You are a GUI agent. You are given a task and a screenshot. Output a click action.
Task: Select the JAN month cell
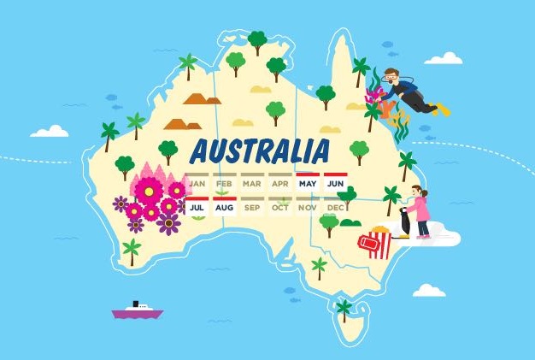point(197,183)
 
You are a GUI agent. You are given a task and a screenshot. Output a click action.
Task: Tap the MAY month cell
point(308,183)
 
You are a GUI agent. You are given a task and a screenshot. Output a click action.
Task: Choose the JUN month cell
point(335,183)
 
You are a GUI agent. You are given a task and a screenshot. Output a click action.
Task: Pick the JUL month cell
point(197,207)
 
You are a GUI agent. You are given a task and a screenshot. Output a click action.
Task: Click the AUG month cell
point(224,207)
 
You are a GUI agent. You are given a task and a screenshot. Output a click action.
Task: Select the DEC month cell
point(335,207)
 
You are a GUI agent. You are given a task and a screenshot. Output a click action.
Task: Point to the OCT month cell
point(279,207)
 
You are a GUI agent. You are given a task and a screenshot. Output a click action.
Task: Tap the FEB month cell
point(224,183)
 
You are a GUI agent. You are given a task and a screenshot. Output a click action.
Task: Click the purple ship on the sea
point(137,311)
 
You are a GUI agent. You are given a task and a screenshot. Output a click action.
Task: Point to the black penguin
point(404,221)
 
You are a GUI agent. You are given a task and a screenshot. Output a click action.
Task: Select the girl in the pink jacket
point(419,213)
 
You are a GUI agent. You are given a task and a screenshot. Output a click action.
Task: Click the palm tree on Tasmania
point(344,309)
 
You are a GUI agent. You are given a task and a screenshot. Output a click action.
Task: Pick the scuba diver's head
point(391,78)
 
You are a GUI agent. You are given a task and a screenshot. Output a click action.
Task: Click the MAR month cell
point(252,183)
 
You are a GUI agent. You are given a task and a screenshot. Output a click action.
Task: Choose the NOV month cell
point(308,207)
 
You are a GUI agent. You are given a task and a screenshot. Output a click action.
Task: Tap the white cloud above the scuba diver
point(444,58)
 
